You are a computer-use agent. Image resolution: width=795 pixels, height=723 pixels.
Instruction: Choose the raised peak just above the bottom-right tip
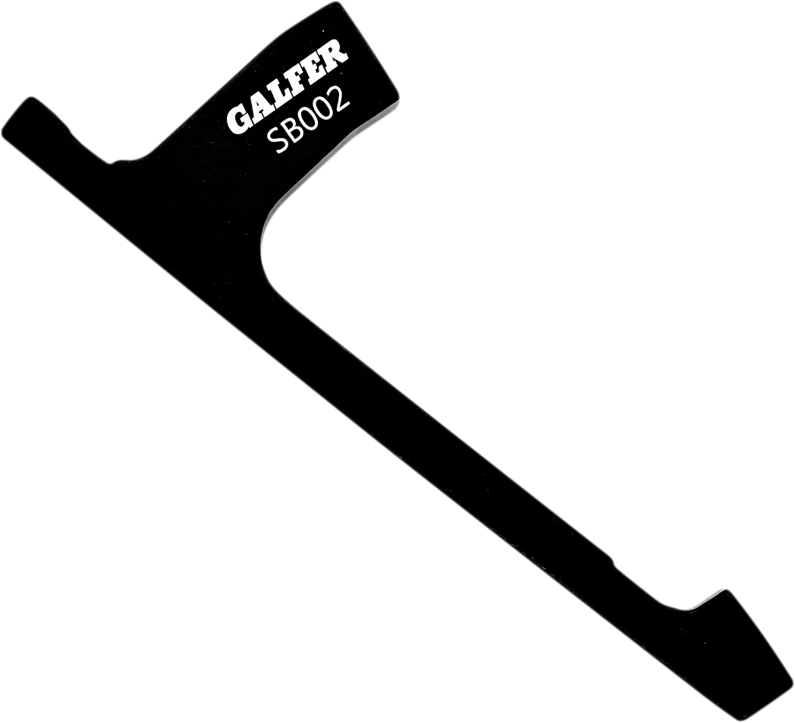click(726, 592)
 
